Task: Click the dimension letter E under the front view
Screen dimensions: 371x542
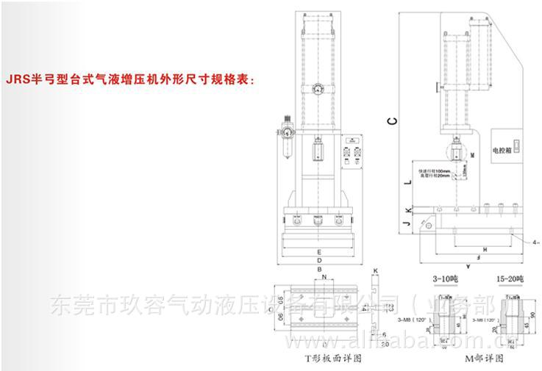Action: tap(318, 251)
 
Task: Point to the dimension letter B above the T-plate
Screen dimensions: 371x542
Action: tap(321, 270)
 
